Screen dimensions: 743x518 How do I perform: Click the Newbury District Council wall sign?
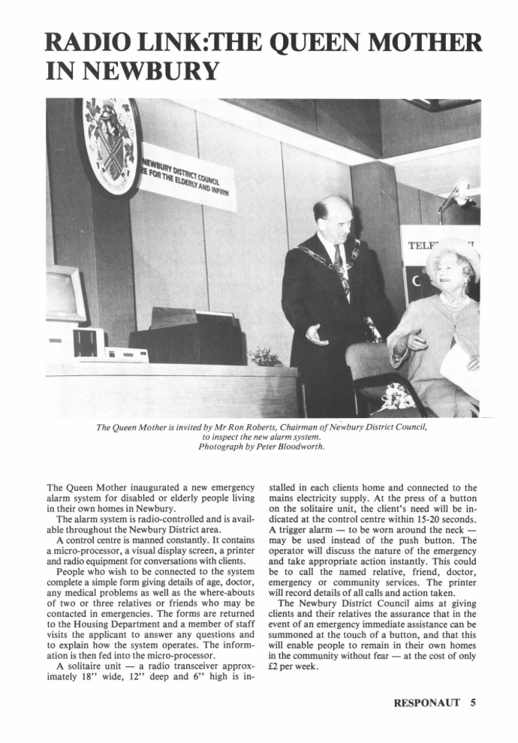188,177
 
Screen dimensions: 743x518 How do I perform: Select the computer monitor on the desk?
63,293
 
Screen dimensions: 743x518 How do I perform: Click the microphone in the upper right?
460,191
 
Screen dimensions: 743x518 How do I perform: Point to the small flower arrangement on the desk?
265,356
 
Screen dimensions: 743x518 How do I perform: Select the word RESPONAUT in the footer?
429,703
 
